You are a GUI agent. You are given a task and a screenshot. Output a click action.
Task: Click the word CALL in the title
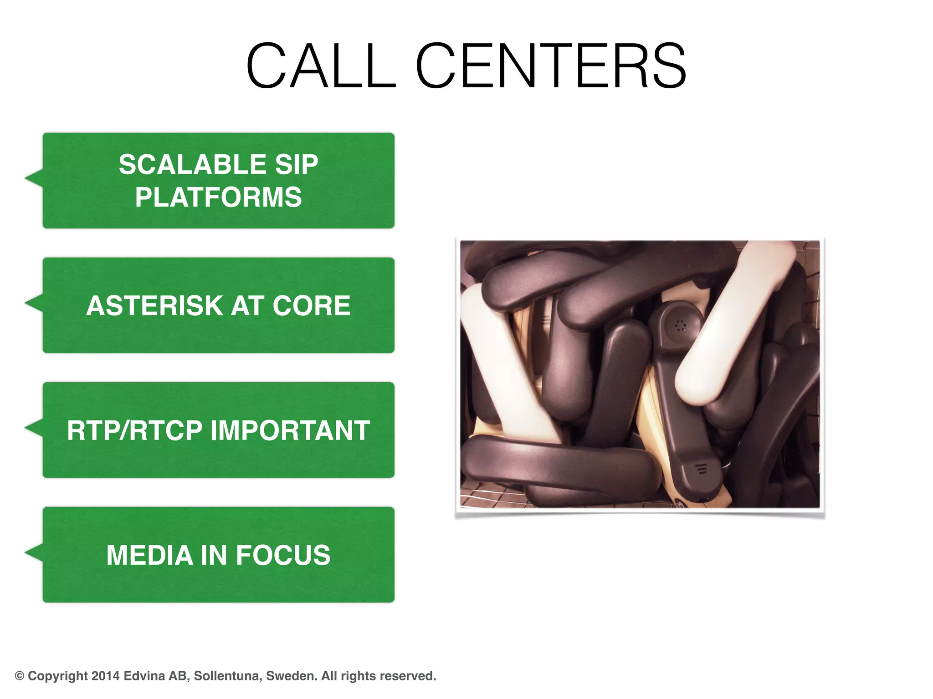pos(321,66)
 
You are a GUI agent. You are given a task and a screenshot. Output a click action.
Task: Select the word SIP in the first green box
pos(296,164)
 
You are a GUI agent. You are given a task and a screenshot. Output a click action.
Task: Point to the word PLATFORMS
pos(218,197)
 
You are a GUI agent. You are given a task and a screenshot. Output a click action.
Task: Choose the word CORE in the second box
pos(311,305)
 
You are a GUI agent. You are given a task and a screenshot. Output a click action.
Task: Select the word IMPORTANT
pos(290,430)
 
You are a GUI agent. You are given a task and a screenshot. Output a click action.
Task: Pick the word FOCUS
pos(283,555)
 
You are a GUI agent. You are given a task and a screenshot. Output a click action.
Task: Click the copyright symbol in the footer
pos(20,676)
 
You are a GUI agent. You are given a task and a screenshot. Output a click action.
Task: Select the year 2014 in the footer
pos(105,676)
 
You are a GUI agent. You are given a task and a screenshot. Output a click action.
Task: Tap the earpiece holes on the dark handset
pos(680,325)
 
